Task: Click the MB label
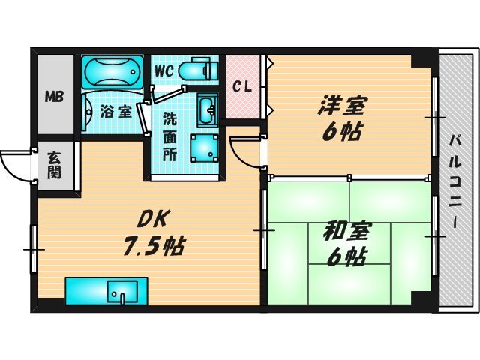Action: pos(53,96)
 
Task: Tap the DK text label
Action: pos(154,219)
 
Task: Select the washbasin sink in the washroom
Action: pos(206,111)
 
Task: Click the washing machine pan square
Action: pos(203,148)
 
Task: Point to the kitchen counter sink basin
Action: pos(121,290)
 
